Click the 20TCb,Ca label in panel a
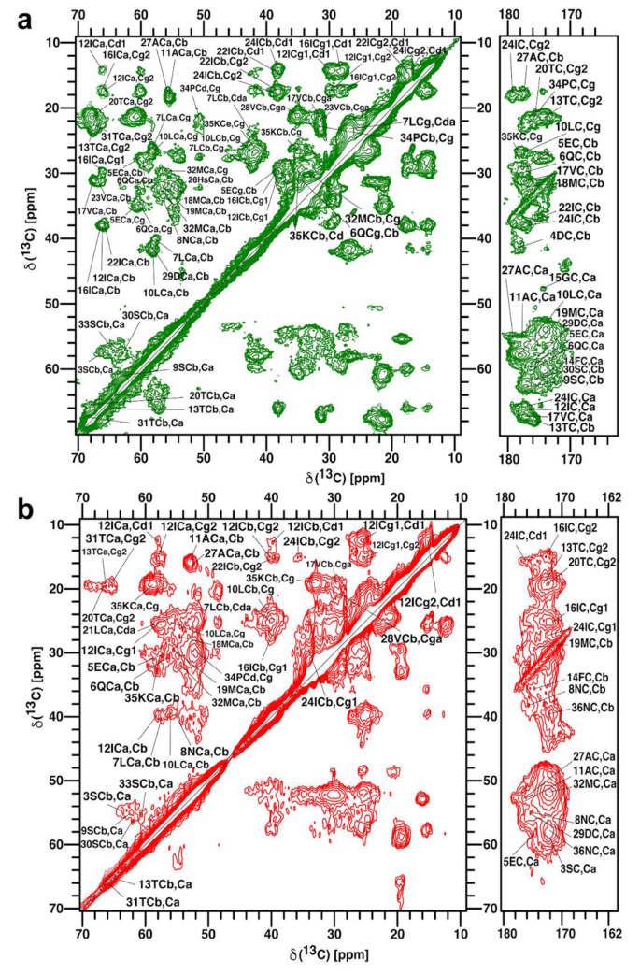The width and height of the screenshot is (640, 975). point(199,395)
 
